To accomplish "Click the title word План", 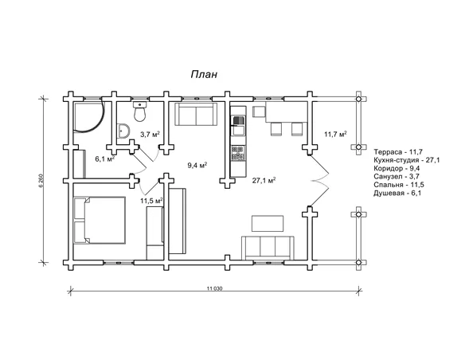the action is pos(204,74).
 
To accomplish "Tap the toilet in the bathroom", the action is pos(139,112).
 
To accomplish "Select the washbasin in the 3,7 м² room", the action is pos(124,131).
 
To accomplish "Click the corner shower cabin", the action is pos(88,117).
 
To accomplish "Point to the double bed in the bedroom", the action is pos(100,220).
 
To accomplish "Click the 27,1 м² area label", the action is pos(264,180).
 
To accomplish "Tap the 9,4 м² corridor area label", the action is pos(197,165).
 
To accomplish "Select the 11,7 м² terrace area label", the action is pos(335,135).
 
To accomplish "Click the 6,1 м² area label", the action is pos(104,158).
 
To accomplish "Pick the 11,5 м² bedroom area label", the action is pos(151,201).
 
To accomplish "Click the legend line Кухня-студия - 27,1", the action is pos(407,160).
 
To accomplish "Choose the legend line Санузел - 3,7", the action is pos(397,177).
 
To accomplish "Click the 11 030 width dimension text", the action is pos(215,288).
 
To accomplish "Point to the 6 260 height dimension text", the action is pos(41,180).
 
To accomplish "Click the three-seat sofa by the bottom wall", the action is pos(268,248).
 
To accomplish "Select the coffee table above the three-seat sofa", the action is pos(268,223).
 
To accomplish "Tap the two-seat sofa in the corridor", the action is pos(196,114).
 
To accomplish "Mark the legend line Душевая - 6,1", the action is pos(397,194).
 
